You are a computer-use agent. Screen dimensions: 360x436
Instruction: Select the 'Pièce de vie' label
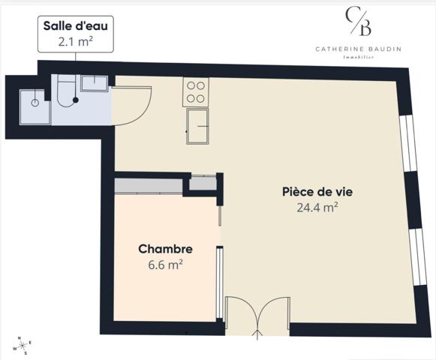317,191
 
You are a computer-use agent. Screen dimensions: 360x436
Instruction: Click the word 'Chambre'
166,249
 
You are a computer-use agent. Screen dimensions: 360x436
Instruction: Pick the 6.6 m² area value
166,264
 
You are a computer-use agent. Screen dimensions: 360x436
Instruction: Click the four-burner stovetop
196,91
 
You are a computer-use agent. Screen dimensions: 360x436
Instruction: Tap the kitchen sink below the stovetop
198,126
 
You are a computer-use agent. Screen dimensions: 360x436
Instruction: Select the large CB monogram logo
357,22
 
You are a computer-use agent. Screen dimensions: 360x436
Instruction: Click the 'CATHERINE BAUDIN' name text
357,49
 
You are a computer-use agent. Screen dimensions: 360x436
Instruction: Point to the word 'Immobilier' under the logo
358,57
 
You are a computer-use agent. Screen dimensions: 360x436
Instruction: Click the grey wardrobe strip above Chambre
149,185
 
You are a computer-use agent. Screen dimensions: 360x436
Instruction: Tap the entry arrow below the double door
258,332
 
